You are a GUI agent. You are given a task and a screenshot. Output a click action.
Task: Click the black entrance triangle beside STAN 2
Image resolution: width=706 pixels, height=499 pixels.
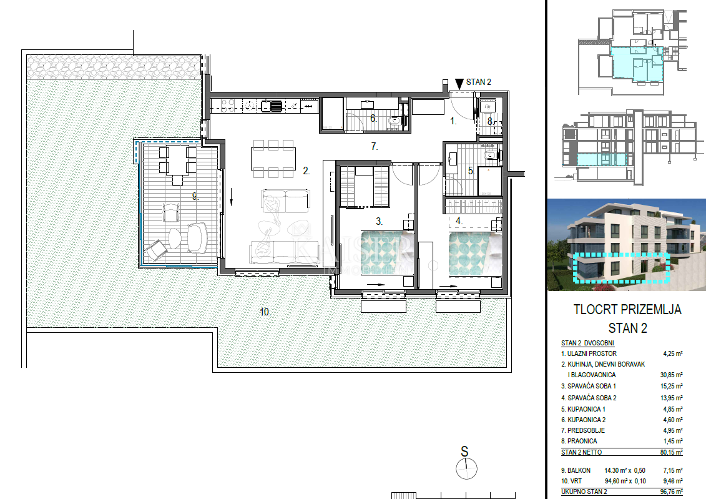coord(459,84)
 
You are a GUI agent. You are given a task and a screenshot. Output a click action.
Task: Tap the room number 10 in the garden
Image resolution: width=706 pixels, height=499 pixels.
coord(265,312)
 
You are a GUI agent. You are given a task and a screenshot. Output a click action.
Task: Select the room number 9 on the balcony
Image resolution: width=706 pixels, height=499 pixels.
coord(195,196)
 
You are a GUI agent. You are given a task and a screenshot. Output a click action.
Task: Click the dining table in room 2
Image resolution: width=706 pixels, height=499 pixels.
coord(273,158)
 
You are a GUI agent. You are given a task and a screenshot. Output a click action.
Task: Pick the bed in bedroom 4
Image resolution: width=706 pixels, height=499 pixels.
coord(476,254)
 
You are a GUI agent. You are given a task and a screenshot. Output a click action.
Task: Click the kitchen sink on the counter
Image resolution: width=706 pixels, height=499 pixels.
coord(272,106)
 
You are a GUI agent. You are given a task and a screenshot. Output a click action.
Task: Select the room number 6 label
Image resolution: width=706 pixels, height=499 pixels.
coord(373,118)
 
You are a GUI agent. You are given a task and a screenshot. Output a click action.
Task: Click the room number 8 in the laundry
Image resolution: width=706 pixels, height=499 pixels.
coord(490,121)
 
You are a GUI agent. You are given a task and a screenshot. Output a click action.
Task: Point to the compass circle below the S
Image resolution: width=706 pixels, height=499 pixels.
coord(466,469)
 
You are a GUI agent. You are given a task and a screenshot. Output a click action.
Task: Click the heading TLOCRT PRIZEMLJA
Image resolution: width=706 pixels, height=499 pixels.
coord(627,309)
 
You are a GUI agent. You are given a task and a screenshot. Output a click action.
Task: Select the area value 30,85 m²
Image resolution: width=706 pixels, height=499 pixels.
coord(671,375)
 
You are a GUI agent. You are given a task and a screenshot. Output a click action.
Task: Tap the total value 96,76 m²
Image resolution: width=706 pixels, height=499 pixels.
coord(671,492)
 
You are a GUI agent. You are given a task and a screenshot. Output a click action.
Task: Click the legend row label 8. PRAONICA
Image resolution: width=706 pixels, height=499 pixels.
coord(579,441)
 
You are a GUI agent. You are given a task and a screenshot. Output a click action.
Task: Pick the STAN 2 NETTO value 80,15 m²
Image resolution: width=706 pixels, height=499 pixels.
coord(671,452)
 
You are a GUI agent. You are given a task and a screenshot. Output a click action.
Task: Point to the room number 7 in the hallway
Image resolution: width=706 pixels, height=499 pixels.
coord(374,146)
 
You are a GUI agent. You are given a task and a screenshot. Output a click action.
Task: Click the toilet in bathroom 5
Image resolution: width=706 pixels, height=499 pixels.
coord(490,156)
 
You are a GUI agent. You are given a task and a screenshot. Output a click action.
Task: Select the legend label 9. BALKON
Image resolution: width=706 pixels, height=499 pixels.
coord(576,470)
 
